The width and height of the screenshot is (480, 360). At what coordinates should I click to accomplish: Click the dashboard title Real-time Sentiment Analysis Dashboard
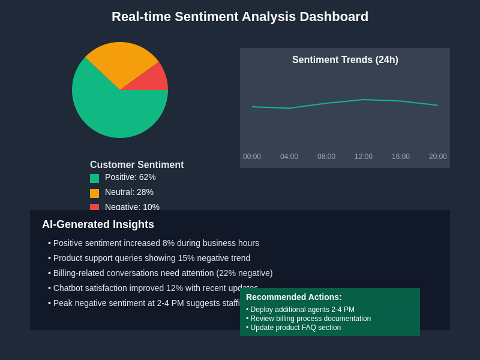pos(240,17)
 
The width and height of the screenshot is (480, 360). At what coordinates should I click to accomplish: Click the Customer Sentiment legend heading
pos(137,165)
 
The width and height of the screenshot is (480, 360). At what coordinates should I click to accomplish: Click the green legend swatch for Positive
pos(94,178)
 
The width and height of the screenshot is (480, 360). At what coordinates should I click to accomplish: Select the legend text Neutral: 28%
pos(129,192)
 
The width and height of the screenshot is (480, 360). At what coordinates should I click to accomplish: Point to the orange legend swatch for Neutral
pos(94,193)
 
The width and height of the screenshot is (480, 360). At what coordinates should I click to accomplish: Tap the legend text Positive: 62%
pos(130,177)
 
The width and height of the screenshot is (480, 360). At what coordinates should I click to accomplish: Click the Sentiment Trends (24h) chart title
pos(345,60)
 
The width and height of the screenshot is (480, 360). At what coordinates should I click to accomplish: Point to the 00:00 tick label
pos(252,157)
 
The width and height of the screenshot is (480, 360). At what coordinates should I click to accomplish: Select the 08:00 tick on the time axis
pos(326,157)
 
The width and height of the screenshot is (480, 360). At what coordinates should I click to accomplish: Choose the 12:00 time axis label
pos(364,157)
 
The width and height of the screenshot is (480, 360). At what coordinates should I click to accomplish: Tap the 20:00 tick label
pos(438,157)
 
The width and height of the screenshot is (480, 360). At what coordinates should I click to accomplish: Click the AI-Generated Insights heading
pos(98,224)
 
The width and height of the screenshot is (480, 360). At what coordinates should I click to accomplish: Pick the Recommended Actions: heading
pos(294,297)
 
